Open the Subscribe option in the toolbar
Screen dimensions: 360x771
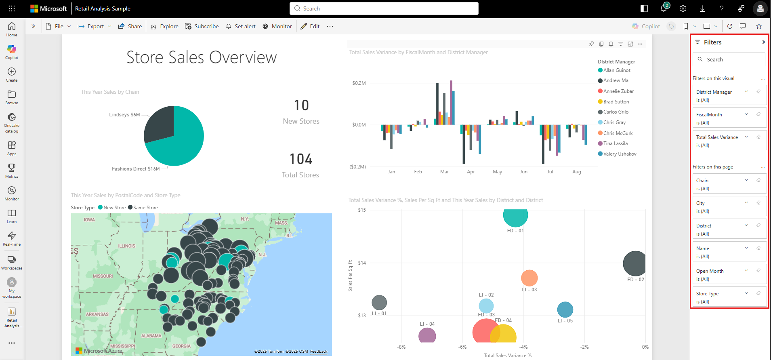[x=202, y=26]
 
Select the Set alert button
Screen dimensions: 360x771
[x=241, y=26]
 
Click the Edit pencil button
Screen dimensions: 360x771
[x=310, y=26]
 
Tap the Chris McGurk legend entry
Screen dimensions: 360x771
[x=618, y=133]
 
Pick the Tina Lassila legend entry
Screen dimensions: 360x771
[x=615, y=143]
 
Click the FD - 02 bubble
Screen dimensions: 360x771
[x=634, y=263]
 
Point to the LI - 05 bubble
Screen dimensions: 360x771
[x=565, y=309]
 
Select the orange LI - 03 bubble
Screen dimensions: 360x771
[x=529, y=278]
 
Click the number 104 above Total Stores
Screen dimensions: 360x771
[x=301, y=159]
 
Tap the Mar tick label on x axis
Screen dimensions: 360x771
[x=444, y=172]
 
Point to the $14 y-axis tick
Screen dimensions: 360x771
[x=362, y=263]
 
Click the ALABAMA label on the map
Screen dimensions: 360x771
[x=151, y=336]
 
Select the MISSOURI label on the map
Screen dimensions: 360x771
[x=103, y=276]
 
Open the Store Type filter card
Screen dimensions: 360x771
[x=729, y=297]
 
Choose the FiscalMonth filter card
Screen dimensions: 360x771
[x=729, y=118]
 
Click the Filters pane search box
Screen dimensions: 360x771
[x=729, y=59]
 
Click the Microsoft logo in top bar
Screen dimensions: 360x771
[x=48, y=8]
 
